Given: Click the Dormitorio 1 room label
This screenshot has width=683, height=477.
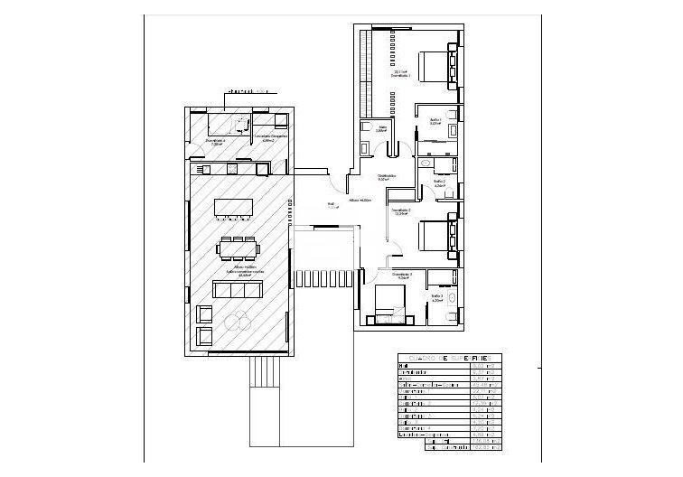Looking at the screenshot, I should [402, 76].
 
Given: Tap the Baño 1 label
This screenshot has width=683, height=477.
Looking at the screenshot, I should [435, 121].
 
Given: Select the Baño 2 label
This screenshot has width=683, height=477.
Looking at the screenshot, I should [439, 183].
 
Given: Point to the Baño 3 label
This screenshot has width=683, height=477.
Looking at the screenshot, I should [437, 297].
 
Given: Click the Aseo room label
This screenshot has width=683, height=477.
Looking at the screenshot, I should [382, 129].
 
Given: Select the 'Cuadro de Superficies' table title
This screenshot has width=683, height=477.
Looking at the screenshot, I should [449, 358].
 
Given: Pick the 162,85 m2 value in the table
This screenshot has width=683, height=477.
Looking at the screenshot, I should [486, 446].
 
